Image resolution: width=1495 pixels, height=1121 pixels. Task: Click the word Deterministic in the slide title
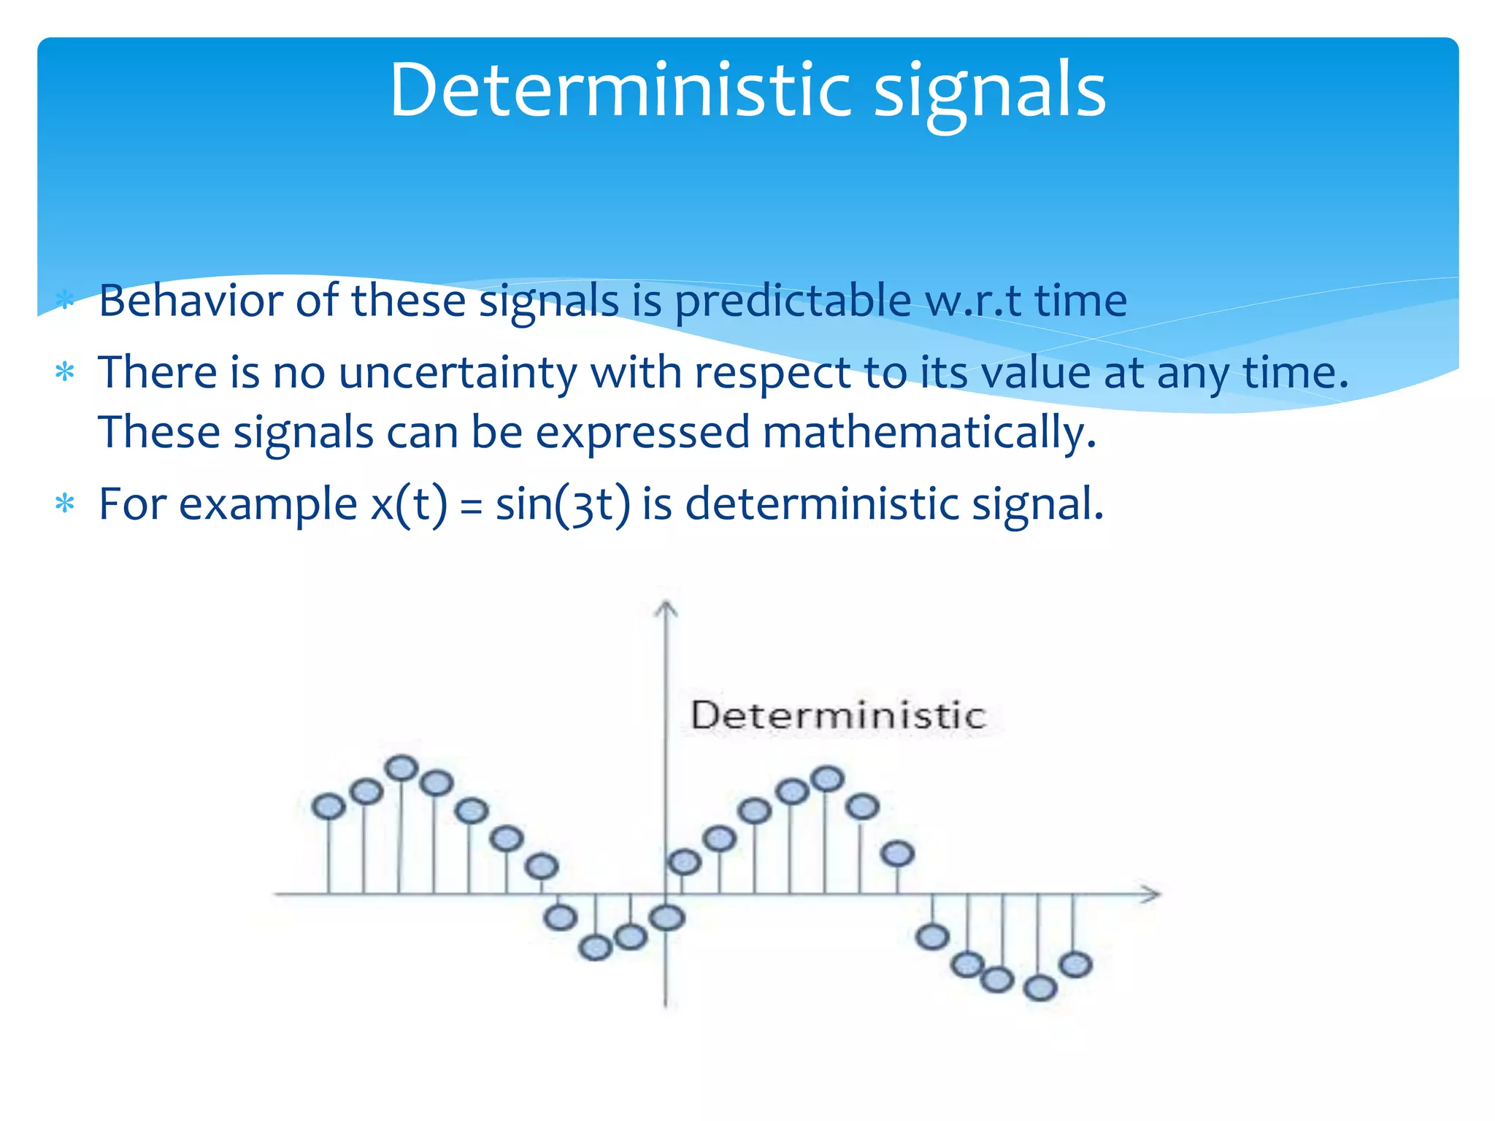point(620,90)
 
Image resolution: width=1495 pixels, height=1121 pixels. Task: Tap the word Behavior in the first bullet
point(191,300)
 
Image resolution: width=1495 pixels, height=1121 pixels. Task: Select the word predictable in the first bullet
point(792,301)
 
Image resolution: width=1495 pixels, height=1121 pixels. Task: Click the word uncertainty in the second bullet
point(458,373)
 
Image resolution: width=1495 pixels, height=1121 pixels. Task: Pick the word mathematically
point(929,432)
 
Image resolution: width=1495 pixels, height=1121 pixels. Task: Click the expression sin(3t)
point(562,504)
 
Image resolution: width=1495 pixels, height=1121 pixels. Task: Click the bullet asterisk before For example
point(65,504)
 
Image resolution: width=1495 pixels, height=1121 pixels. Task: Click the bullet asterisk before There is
point(65,373)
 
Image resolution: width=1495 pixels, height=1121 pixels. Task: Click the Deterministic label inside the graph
point(838,715)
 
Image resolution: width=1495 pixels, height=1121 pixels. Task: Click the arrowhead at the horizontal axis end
point(1152,894)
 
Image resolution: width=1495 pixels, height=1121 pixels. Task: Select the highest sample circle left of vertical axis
point(401,768)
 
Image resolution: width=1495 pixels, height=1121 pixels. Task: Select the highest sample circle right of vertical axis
point(828,779)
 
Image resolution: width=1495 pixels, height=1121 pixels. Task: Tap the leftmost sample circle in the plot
point(328,806)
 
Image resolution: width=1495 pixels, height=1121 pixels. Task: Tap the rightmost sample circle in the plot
point(1075,965)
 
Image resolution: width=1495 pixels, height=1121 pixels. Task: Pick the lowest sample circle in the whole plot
point(1040,988)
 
